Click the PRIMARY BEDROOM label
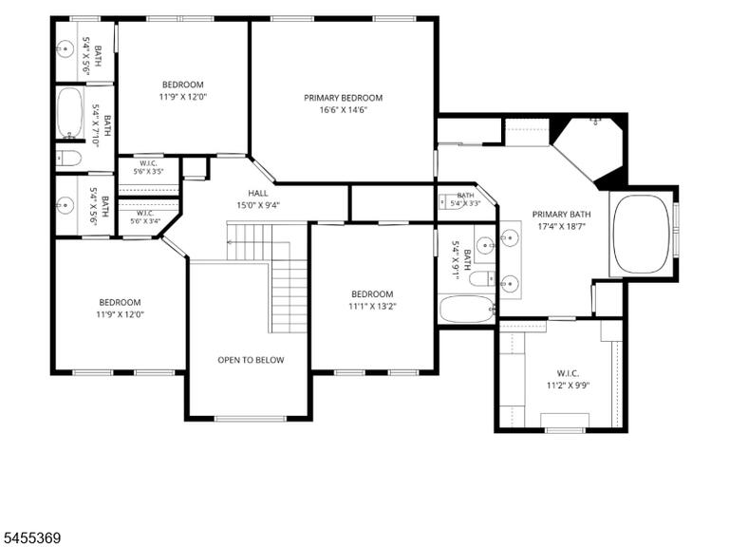[343, 98]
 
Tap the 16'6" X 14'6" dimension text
[343, 110]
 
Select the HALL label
[258, 193]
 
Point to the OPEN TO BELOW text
[251, 360]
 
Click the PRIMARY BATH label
[562, 215]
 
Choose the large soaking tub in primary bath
[642, 234]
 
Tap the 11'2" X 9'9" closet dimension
[568, 386]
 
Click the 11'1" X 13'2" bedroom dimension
[372, 307]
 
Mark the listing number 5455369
[30, 538]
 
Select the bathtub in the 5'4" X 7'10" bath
[70, 112]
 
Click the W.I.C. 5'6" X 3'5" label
[148, 167]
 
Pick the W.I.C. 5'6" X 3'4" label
[145, 217]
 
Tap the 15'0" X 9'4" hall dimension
[258, 205]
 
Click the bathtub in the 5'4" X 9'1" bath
[467, 309]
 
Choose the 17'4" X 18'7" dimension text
[562, 227]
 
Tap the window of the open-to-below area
[251, 418]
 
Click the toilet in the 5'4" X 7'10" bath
[68, 159]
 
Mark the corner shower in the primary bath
[589, 150]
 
